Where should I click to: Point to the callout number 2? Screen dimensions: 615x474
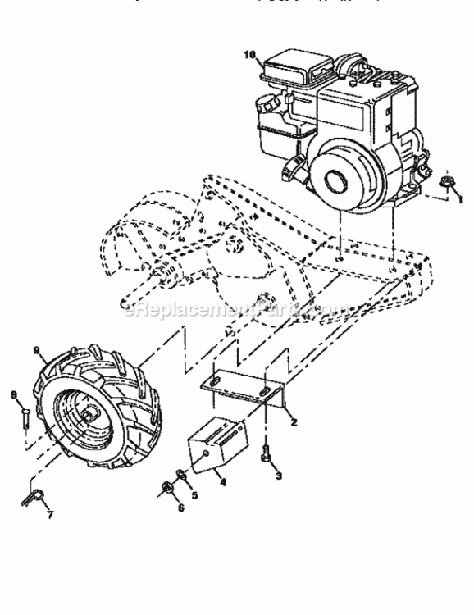coord(293,422)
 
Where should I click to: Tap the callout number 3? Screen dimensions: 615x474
coord(278,475)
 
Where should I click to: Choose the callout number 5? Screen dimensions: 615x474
coord(194,494)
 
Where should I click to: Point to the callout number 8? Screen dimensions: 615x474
coord(13,395)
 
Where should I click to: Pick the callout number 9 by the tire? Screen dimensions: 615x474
coord(37,349)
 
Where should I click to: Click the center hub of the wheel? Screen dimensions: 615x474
coord(86,417)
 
